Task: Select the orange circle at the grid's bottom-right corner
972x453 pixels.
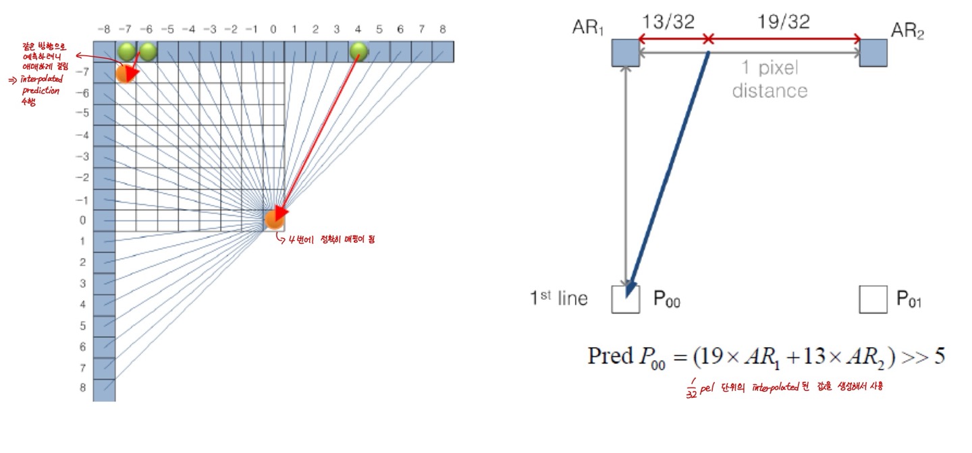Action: tap(274, 219)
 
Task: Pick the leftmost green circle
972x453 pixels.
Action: tap(126, 51)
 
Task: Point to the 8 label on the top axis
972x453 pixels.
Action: tap(441, 30)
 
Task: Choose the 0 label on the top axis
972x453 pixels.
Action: tap(273, 30)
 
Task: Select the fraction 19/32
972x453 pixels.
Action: tap(784, 22)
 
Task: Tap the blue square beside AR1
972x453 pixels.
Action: tap(625, 53)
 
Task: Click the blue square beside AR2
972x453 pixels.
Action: tap(873, 53)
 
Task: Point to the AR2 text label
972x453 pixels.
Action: tap(907, 30)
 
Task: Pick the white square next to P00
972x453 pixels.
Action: tap(625, 299)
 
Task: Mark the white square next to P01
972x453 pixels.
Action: tap(873, 299)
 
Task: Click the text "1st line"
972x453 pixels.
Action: tap(558, 298)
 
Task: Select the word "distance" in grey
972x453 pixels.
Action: tap(769, 90)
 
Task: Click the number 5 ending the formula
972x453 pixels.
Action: tap(939, 355)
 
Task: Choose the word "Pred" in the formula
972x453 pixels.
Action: tap(610, 355)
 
